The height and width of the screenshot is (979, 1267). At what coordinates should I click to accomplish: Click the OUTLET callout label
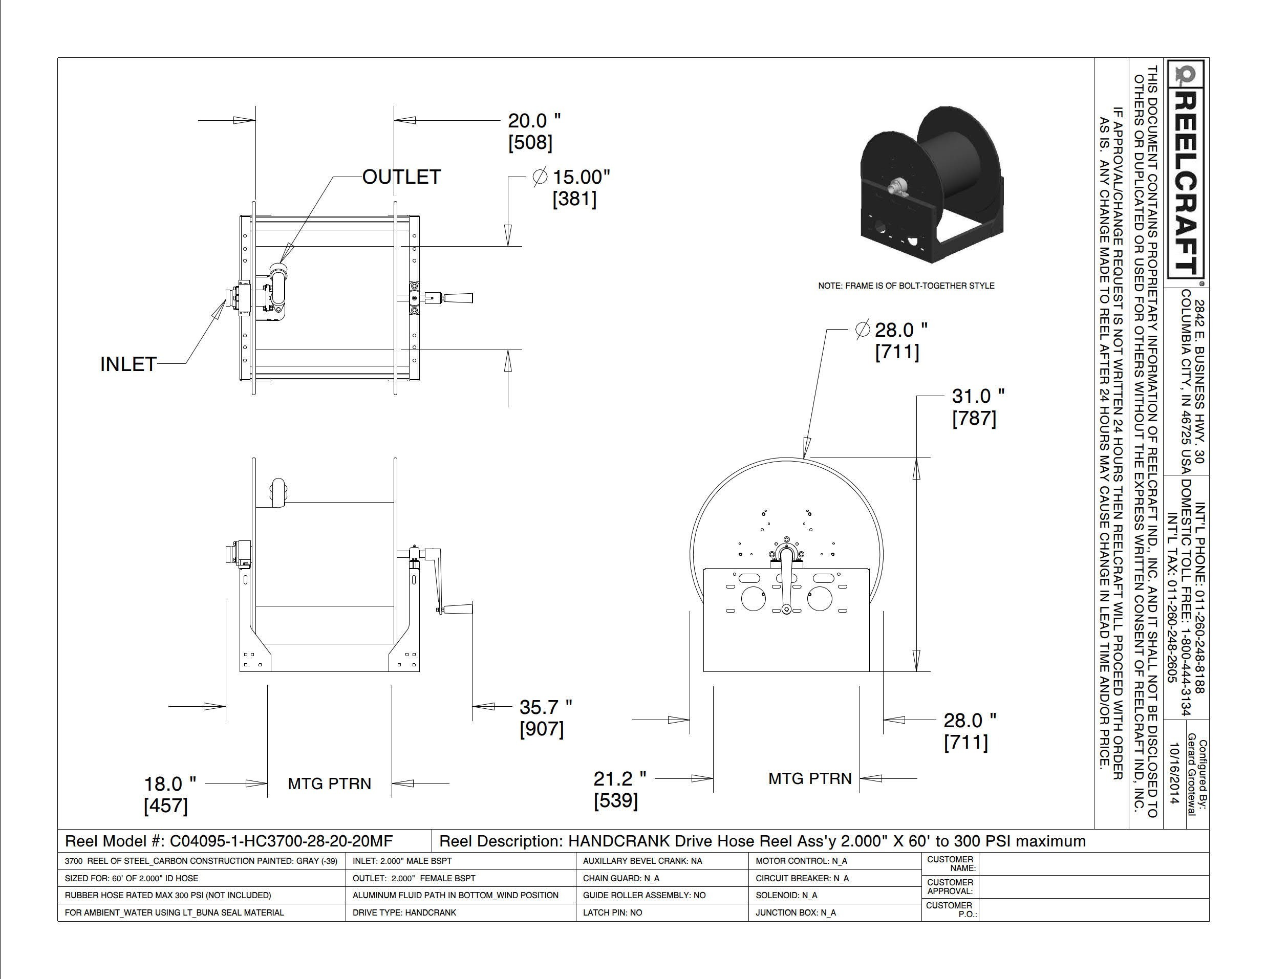[x=401, y=177]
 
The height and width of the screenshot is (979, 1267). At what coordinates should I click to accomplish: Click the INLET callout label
[x=128, y=364]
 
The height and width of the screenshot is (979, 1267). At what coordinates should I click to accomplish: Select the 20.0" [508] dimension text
[x=534, y=132]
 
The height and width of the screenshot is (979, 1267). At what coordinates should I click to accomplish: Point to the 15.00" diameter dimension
[x=571, y=187]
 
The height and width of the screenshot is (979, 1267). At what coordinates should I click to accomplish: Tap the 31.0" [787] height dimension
[x=978, y=407]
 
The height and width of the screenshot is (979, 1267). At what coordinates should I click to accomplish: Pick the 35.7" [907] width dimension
[x=545, y=718]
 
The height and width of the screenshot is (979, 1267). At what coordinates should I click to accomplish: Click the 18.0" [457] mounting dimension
[x=170, y=795]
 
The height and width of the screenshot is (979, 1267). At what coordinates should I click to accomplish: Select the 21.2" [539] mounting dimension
[x=619, y=789]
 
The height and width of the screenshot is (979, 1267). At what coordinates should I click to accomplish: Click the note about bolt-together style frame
[x=906, y=286]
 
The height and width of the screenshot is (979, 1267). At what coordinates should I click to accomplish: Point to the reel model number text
[x=229, y=841]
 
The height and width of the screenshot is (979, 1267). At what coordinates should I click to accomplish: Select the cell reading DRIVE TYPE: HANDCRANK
[x=404, y=912]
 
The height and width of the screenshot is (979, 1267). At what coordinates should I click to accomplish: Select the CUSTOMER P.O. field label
[x=952, y=909]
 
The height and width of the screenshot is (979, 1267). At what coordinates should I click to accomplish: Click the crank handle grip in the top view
[x=458, y=298]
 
